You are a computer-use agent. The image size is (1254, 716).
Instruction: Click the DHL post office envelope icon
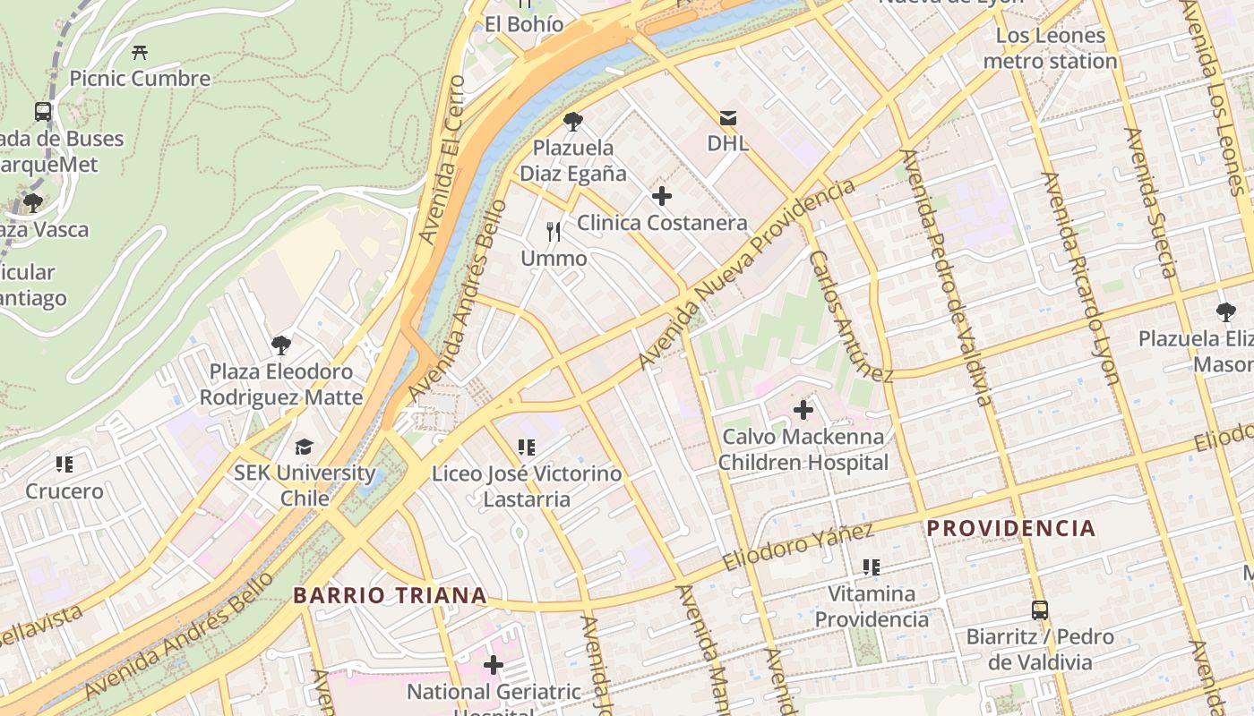pos(728,117)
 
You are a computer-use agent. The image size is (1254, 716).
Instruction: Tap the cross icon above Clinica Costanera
pos(662,196)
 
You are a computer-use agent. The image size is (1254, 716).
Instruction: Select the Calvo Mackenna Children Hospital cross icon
pos(803,410)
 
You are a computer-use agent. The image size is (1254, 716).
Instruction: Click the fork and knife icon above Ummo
pos(554,232)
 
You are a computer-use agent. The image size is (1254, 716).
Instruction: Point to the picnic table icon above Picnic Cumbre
pos(140,53)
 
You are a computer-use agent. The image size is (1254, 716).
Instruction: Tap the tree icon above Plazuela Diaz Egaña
pos(573,122)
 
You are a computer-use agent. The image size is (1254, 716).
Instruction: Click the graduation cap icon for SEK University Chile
pos(304,447)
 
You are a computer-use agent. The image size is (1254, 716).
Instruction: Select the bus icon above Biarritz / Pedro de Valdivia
pos(1040,610)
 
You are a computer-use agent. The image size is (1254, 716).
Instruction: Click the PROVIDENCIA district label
pos(1011,528)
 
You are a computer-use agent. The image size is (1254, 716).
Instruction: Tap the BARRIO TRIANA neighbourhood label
pos(391,595)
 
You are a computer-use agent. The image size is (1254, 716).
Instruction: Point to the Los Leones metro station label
pos(1050,48)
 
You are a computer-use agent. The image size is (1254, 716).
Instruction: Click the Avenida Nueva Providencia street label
pos(746,275)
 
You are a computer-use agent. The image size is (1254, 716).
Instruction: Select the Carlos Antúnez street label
pos(850,316)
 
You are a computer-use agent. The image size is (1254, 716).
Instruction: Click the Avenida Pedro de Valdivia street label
pos(946,277)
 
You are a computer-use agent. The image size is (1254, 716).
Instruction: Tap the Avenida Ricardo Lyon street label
pos(1081,277)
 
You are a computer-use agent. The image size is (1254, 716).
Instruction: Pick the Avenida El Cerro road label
pos(442,159)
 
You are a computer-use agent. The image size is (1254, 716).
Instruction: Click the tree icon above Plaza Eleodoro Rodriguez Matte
pos(281,345)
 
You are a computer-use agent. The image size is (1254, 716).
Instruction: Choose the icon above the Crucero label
pos(64,465)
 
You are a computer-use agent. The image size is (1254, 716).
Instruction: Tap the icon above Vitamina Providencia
pos(872,567)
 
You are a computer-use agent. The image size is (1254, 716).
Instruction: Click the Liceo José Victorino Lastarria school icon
pos(527,447)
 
